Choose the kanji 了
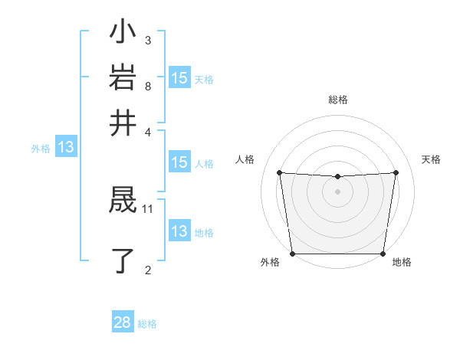coord(123,260)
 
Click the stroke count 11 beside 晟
coord(148,208)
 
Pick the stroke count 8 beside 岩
coord(148,86)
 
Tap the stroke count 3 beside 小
coord(148,40)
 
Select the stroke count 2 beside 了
coord(148,269)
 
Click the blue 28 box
coord(123,322)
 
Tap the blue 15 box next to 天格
coord(179,77)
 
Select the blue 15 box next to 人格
coord(179,162)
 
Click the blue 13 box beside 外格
coord(66,147)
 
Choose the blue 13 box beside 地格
coord(179,231)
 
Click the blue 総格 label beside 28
coord(147,324)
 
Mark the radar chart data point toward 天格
coord(396,172)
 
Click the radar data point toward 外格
coord(293,254)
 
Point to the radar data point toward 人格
coord(279,172)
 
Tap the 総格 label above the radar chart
coord(337,100)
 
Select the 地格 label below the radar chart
coord(402,263)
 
